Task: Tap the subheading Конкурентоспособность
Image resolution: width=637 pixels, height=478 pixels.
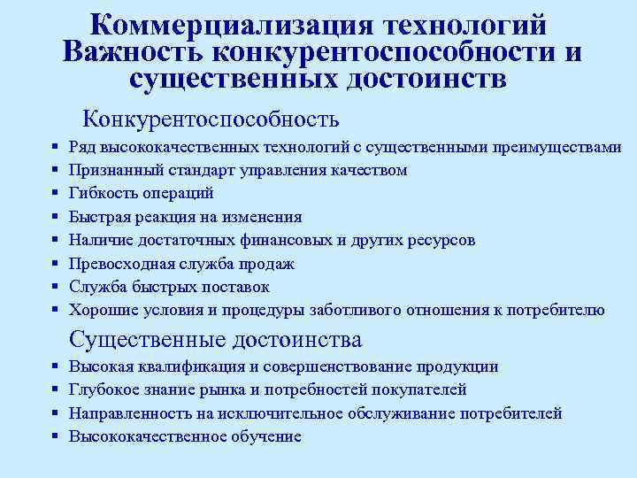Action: (211, 118)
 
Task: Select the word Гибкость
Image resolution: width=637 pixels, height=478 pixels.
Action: (104, 193)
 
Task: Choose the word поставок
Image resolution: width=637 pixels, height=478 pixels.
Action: (240, 287)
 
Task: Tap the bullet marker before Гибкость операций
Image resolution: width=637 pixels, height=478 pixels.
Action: (55, 193)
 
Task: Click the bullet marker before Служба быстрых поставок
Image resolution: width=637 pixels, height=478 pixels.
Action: (55, 287)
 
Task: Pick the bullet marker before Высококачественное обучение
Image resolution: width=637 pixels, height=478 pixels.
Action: (55, 436)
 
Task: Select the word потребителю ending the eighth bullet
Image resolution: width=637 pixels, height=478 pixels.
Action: (564, 310)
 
